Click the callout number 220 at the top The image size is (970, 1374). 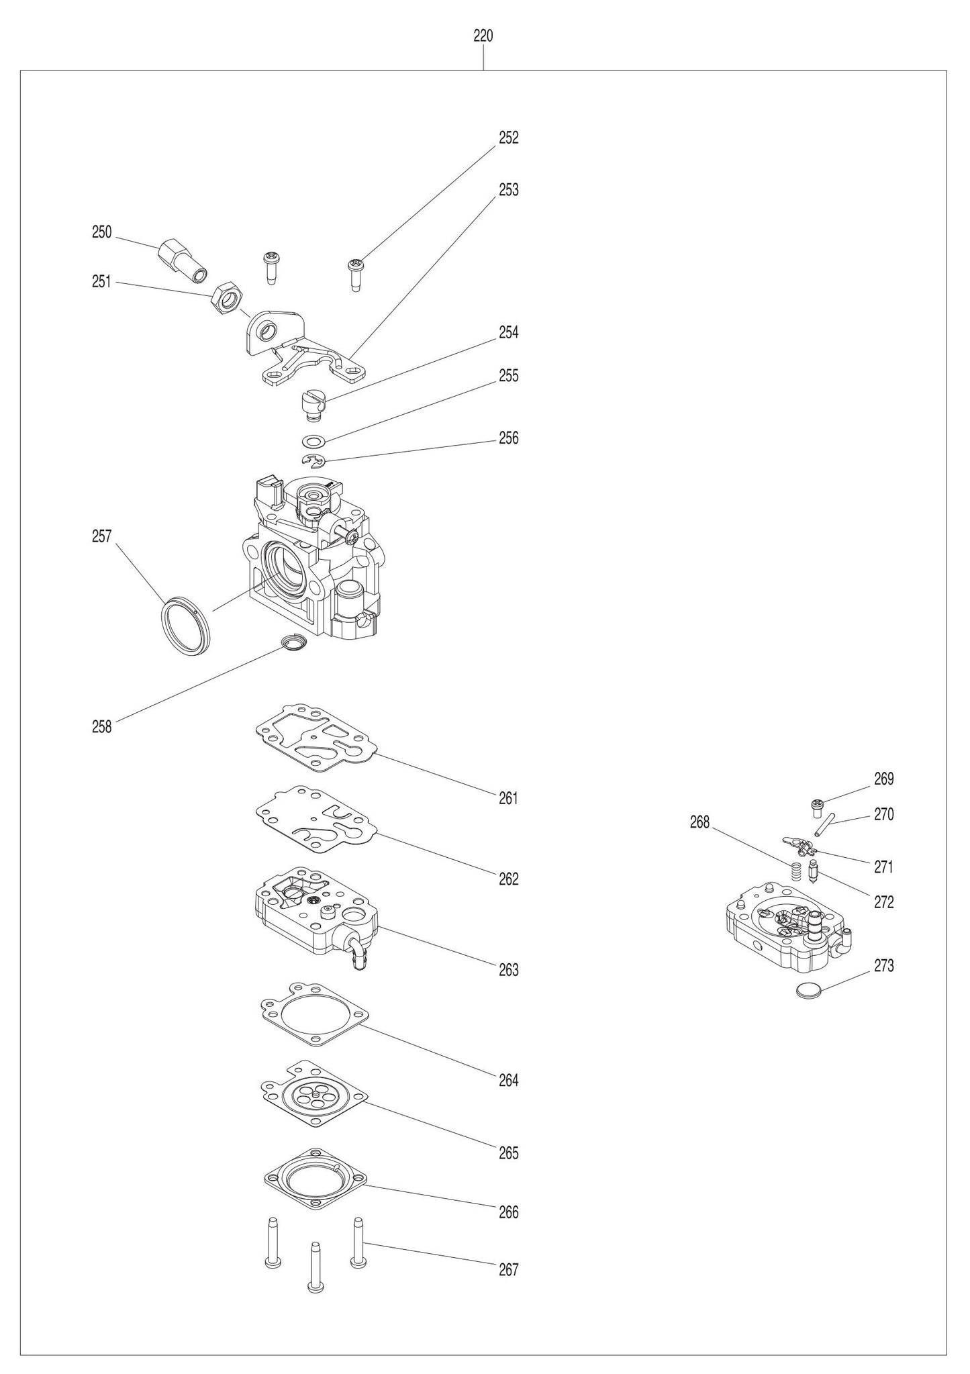coord(483,36)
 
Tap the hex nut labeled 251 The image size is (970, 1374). coord(226,296)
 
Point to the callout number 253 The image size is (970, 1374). coord(508,190)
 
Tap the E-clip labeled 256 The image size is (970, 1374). coord(313,460)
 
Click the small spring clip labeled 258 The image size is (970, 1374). coord(294,643)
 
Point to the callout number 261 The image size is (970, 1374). coord(508,798)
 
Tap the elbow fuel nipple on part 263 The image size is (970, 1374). coord(357,952)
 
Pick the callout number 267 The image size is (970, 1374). coord(508,1269)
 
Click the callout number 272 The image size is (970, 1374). coord(883,903)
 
